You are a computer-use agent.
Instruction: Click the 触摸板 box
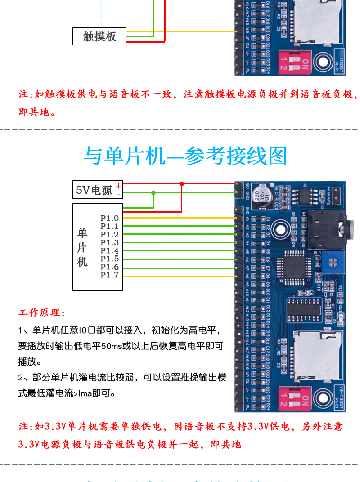pyautogui.click(x=99, y=36)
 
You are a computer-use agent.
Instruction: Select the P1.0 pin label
pyautogui.click(x=109, y=218)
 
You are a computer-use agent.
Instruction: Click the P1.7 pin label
pyautogui.click(x=109, y=275)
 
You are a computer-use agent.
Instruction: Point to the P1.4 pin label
pyautogui.click(x=109, y=251)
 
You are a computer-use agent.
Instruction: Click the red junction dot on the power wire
pyautogui.click(x=182, y=184)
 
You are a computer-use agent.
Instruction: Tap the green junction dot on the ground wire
pyautogui.click(x=154, y=192)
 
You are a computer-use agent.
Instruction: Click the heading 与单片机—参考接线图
pyautogui.click(x=185, y=156)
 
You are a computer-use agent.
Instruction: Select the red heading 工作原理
pyautogui.click(x=42, y=312)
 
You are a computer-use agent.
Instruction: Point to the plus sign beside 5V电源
pyautogui.click(x=118, y=186)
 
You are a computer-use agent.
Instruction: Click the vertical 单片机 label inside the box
pyautogui.click(x=82, y=247)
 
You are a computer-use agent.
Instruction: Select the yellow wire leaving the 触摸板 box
pyautogui.click(x=180, y=31)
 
